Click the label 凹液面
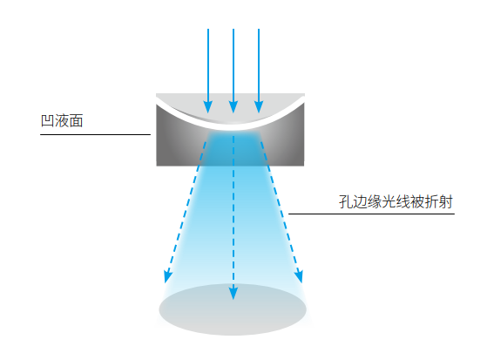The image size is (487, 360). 62,120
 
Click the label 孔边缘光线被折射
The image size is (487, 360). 396,201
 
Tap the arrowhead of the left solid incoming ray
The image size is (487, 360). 208,107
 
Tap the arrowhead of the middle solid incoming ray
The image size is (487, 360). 233,107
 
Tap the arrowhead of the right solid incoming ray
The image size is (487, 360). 259,107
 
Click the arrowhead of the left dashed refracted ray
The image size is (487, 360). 168,276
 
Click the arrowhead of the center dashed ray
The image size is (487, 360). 233,293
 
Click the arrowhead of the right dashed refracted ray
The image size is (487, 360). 299,276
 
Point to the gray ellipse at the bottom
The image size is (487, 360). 233,309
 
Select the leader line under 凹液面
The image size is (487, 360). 95,134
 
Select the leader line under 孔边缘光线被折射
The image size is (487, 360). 371,214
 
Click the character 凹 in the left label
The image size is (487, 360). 48,120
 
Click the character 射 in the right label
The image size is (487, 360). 446,201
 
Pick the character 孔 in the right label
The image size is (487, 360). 346,201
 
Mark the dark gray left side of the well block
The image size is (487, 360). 177,139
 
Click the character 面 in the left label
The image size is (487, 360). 76,120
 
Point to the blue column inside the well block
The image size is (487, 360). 233,148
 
